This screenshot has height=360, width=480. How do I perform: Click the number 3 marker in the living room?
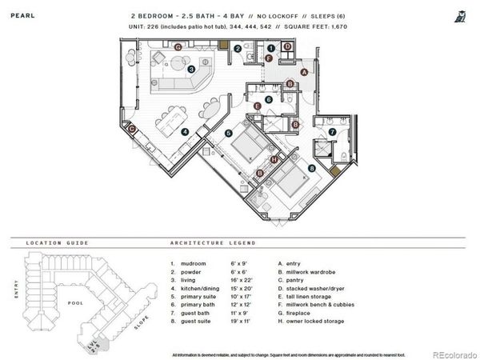[x=191, y=70]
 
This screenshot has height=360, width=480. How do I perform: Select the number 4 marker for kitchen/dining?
[x=185, y=132]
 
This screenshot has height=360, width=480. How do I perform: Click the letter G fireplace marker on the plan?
[x=178, y=47]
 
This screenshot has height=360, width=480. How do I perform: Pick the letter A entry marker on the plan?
[x=304, y=72]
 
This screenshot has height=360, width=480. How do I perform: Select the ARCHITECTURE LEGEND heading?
[x=213, y=242]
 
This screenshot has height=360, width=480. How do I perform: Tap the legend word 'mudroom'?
[x=194, y=262]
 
